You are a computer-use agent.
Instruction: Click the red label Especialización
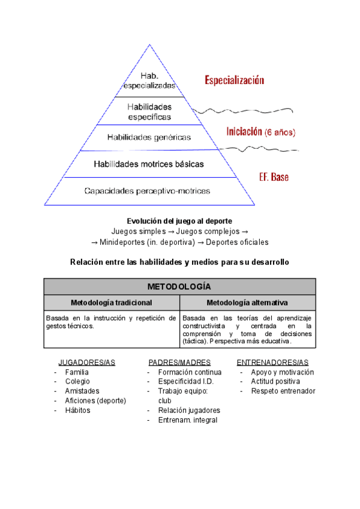(234, 79)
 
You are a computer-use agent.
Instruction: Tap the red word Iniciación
(244, 131)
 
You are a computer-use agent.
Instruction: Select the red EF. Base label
(274, 178)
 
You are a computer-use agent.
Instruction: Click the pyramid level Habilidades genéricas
(149, 137)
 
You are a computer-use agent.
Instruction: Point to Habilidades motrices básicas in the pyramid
(149, 163)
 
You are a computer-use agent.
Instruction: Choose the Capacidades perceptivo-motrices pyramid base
(147, 191)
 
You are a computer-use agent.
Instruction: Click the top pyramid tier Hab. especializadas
(149, 80)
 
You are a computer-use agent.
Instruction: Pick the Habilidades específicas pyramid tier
(149, 112)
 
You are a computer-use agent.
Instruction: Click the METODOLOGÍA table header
(179, 286)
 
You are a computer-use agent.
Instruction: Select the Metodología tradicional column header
(111, 303)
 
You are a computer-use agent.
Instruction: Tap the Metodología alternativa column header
(247, 303)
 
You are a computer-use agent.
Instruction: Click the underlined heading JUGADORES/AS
(86, 363)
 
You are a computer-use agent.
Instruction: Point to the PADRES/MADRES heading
(179, 363)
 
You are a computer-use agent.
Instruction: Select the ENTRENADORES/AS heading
(272, 363)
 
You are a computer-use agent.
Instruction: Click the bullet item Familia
(77, 372)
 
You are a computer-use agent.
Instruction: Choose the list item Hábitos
(77, 411)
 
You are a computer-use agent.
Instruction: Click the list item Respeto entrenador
(283, 391)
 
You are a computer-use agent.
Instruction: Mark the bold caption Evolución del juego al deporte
(179, 221)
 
